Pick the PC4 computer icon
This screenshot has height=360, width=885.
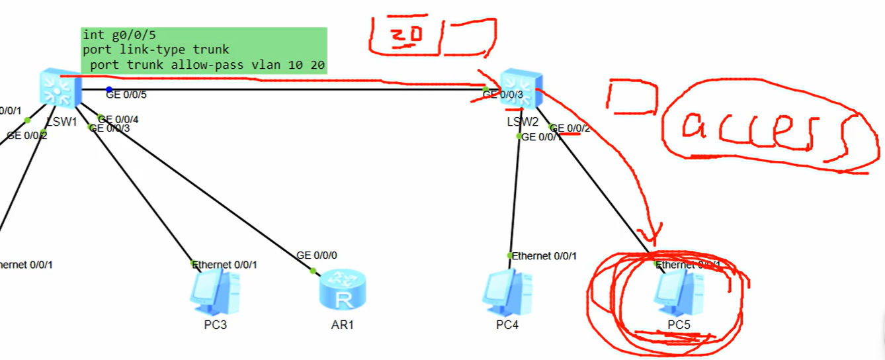[x=509, y=291]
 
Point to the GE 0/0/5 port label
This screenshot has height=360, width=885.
[x=126, y=95]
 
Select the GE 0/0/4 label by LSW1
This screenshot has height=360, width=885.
[x=118, y=119]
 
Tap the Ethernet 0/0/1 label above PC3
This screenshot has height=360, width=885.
[x=225, y=264]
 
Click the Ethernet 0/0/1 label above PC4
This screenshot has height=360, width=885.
[x=544, y=255]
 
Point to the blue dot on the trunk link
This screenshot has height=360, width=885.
[x=109, y=89]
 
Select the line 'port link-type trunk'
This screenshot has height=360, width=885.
[x=155, y=50]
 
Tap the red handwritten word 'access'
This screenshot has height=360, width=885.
[x=761, y=131]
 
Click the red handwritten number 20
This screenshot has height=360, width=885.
[x=405, y=38]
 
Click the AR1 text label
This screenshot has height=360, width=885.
[x=343, y=326]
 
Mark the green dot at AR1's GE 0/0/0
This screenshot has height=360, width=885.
[x=313, y=270]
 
